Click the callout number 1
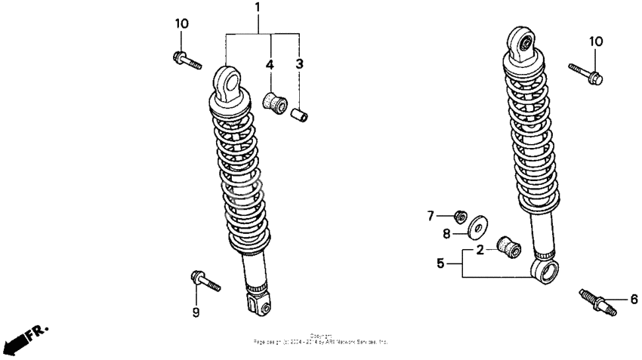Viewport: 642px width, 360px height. point(257,8)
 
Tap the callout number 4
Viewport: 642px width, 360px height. point(268,65)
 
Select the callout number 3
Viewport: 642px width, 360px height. point(299,65)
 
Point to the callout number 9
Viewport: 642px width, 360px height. point(195,312)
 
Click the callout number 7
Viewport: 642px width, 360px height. point(431,217)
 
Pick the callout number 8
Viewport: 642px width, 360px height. point(446,234)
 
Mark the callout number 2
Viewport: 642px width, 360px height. point(479,251)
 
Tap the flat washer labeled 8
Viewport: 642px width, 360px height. point(477,227)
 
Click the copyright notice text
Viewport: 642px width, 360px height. point(320,340)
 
